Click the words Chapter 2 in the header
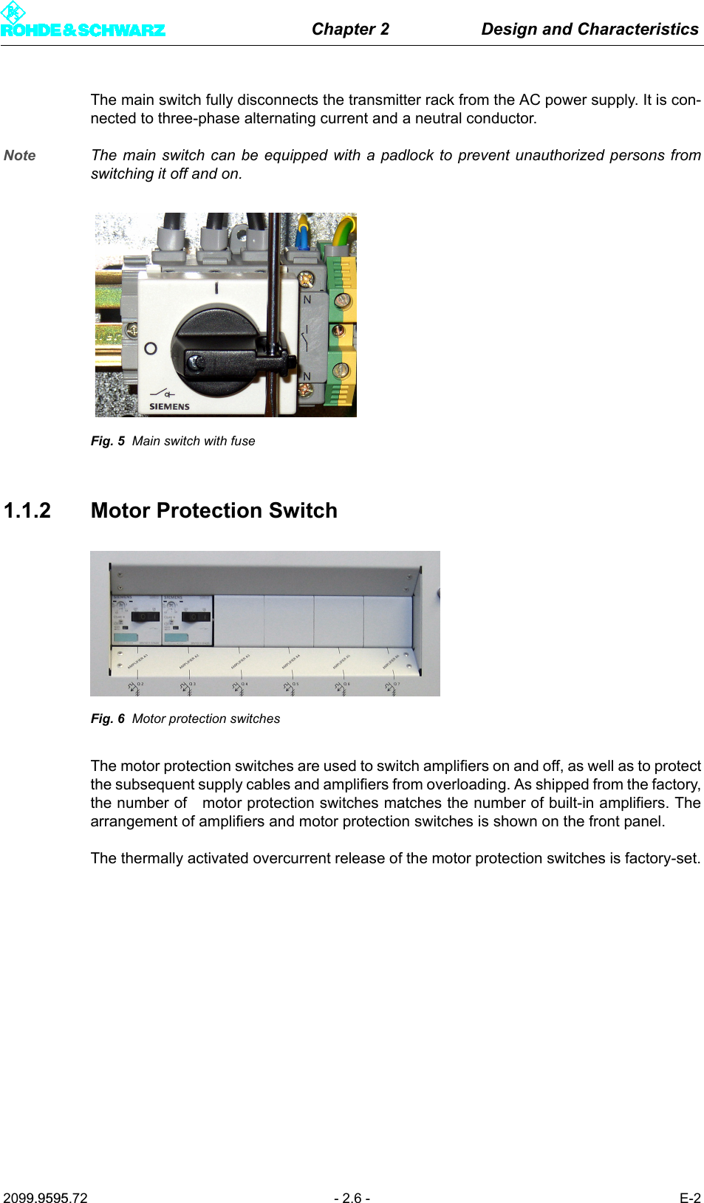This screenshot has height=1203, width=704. (x=350, y=29)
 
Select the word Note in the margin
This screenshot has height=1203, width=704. (x=20, y=155)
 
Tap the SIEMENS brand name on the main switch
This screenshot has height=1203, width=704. (x=169, y=406)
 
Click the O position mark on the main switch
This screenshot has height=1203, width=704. (x=151, y=348)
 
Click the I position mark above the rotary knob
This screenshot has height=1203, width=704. (x=216, y=288)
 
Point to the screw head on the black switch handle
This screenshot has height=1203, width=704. (x=196, y=362)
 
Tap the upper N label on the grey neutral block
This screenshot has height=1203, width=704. (x=307, y=300)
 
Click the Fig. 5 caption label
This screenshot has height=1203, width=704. (x=108, y=441)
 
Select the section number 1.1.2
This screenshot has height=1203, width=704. (x=27, y=510)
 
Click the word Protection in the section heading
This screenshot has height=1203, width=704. (x=209, y=510)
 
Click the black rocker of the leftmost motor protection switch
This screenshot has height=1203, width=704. (x=145, y=616)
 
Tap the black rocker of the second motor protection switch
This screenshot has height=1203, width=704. (x=196, y=616)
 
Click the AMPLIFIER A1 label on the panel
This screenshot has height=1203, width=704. (x=137, y=661)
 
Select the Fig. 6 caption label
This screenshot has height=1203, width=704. (x=108, y=719)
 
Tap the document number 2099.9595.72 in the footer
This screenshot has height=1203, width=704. (x=45, y=1198)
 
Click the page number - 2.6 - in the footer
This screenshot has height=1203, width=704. (x=352, y=1198)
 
